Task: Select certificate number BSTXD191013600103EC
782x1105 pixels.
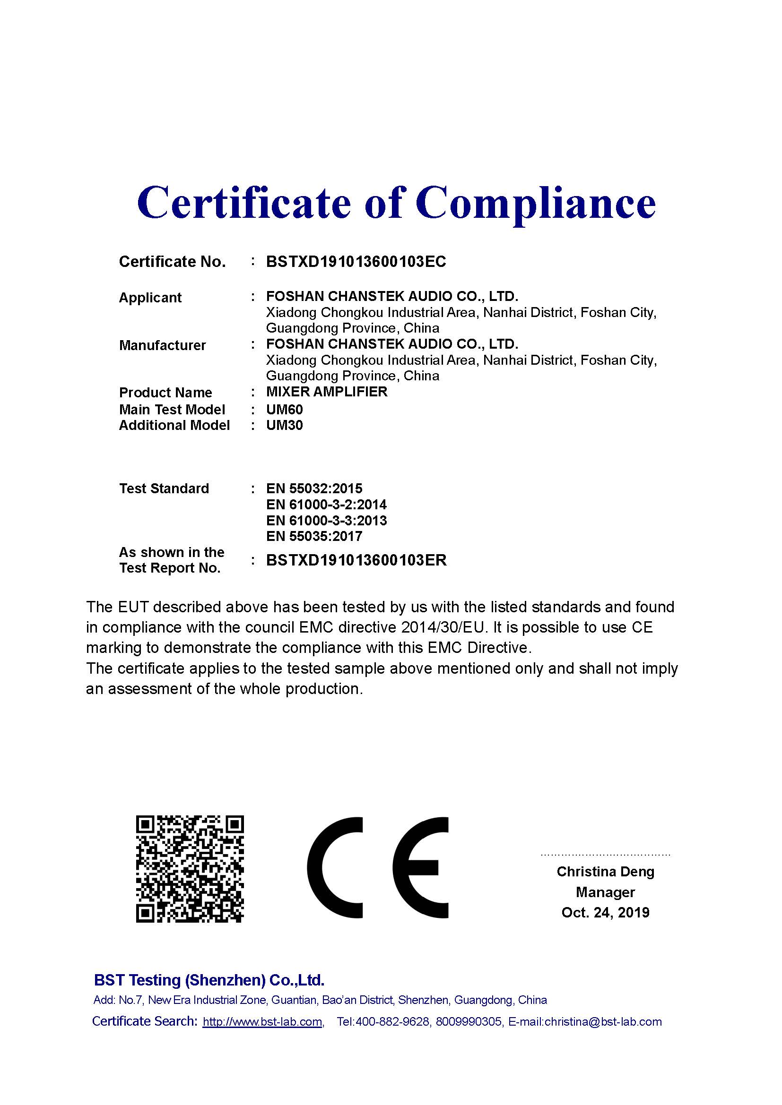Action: [x=356, y=262]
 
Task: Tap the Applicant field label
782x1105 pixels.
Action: [x=150, y=298]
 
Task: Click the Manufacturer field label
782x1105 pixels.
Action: [x=162, y=345]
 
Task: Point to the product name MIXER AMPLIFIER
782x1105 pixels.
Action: [x=327, y=392]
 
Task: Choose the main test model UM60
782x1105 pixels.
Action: [x=284, y=410]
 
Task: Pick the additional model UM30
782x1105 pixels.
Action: [x=284, y=426]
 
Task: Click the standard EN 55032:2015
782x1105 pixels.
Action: [x=314, y=489]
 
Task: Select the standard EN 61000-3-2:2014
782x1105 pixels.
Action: [x=326, y=505]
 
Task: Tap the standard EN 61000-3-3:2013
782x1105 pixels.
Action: [x=326, y=521]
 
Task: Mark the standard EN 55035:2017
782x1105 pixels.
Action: [x=314, y=537]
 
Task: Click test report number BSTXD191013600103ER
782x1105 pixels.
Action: [x=356, y=560]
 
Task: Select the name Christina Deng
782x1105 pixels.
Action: [x=605, y=872]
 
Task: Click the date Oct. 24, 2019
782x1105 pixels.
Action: [x=605, y=913]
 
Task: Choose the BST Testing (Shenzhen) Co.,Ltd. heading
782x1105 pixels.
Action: [x=209, y=980]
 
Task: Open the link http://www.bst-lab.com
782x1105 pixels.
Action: [x=262, y=1022]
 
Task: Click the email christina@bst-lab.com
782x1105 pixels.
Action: [x=603, y=1022]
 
